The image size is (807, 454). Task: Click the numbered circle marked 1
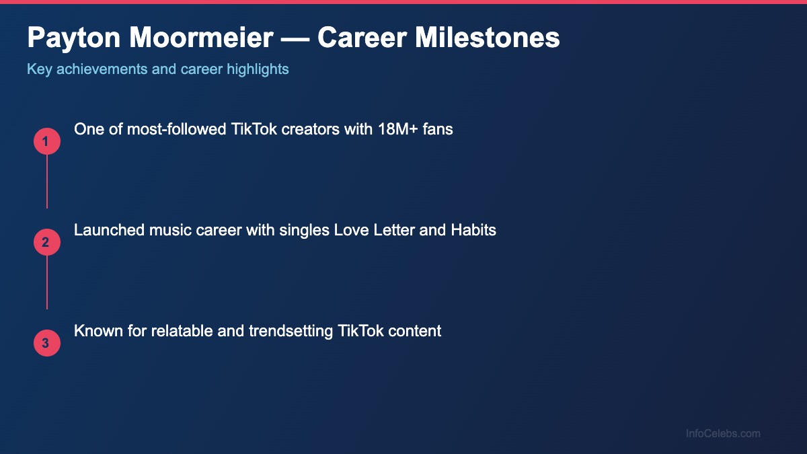point(47,141)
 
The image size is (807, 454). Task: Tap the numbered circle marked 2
point(47,242)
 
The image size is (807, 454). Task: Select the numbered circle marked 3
point(47,343)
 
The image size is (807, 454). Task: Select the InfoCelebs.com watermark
point(723,434)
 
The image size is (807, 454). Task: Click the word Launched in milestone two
point(106,230)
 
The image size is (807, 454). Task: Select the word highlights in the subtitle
point(258,69)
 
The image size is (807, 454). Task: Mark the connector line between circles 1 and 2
point(47,182)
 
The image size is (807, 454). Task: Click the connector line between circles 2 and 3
point(47,282)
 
